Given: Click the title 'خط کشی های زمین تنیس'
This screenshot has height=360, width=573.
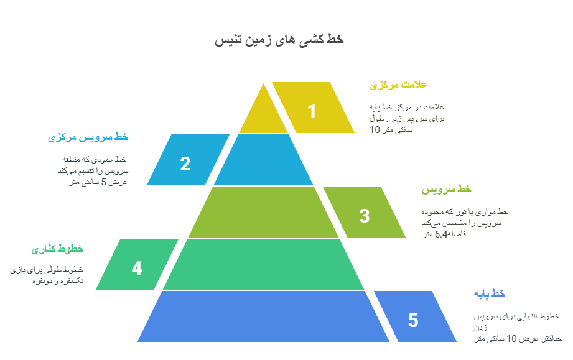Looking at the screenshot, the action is point(279,39).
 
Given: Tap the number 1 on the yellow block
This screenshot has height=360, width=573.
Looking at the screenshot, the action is point(312,111).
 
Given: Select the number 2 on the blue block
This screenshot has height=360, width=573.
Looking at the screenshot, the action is point(185,164).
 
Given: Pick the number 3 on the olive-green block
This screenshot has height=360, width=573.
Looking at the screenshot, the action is point(365,216).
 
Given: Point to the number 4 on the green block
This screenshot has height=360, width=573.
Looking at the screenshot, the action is point(137,268).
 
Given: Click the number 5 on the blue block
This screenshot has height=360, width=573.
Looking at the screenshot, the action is point(413,320).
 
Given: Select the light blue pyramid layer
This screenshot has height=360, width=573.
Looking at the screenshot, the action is point(263,160).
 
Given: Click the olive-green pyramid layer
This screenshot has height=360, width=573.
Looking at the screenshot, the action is point(263,212).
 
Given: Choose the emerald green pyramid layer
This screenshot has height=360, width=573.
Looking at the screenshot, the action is point(263,264).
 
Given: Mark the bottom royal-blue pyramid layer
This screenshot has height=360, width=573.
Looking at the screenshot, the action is point(263,316).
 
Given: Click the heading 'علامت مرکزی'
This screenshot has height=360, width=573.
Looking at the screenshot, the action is point(398,85).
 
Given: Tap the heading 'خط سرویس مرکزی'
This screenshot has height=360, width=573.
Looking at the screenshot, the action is point(88,137).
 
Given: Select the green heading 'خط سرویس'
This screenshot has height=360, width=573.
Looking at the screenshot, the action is point(447,190).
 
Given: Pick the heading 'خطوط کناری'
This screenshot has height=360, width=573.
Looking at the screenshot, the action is point(57,249).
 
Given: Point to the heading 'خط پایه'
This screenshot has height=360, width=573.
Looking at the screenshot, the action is point(489,294).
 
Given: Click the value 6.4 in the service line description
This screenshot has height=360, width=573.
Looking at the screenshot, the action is point(441,234).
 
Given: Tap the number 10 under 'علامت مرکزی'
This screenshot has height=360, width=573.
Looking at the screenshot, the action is point(375,130).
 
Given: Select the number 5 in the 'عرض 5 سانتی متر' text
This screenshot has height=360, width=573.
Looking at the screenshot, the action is point(103,182).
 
